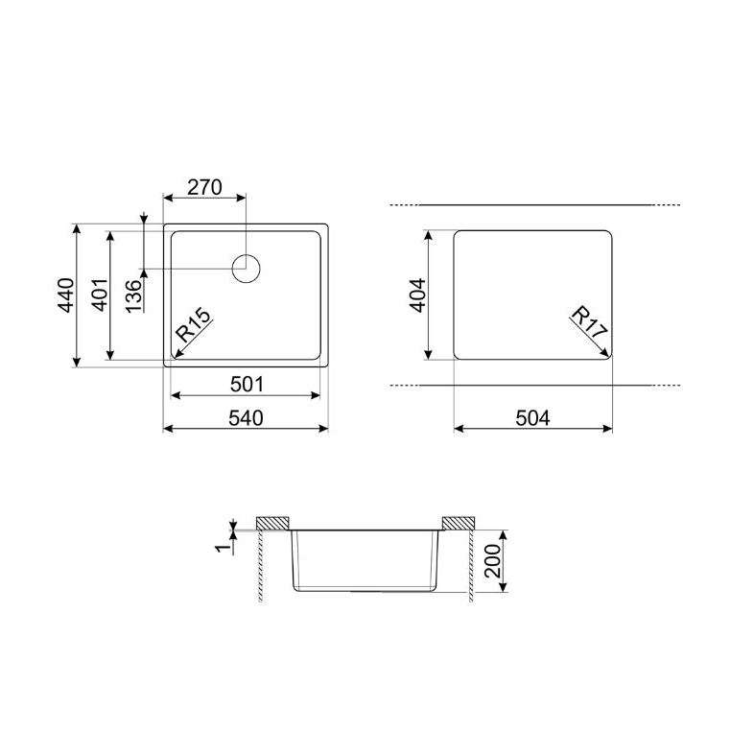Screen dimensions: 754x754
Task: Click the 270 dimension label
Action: [x=204, y=187]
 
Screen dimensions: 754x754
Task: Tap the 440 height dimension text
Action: [x=67, y=295]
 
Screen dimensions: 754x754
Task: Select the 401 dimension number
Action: [x=100, y=295]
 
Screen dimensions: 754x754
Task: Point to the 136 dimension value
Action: [x=134, y=295]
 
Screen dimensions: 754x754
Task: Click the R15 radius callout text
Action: [x=193, y=324]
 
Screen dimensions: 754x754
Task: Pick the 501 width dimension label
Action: [x=247, y=385]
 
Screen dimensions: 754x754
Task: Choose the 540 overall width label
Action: [x=246, y=418]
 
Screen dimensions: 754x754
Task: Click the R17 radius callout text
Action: [x=590, y=321]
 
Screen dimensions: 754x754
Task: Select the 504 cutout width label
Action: [x=532, y=418]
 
